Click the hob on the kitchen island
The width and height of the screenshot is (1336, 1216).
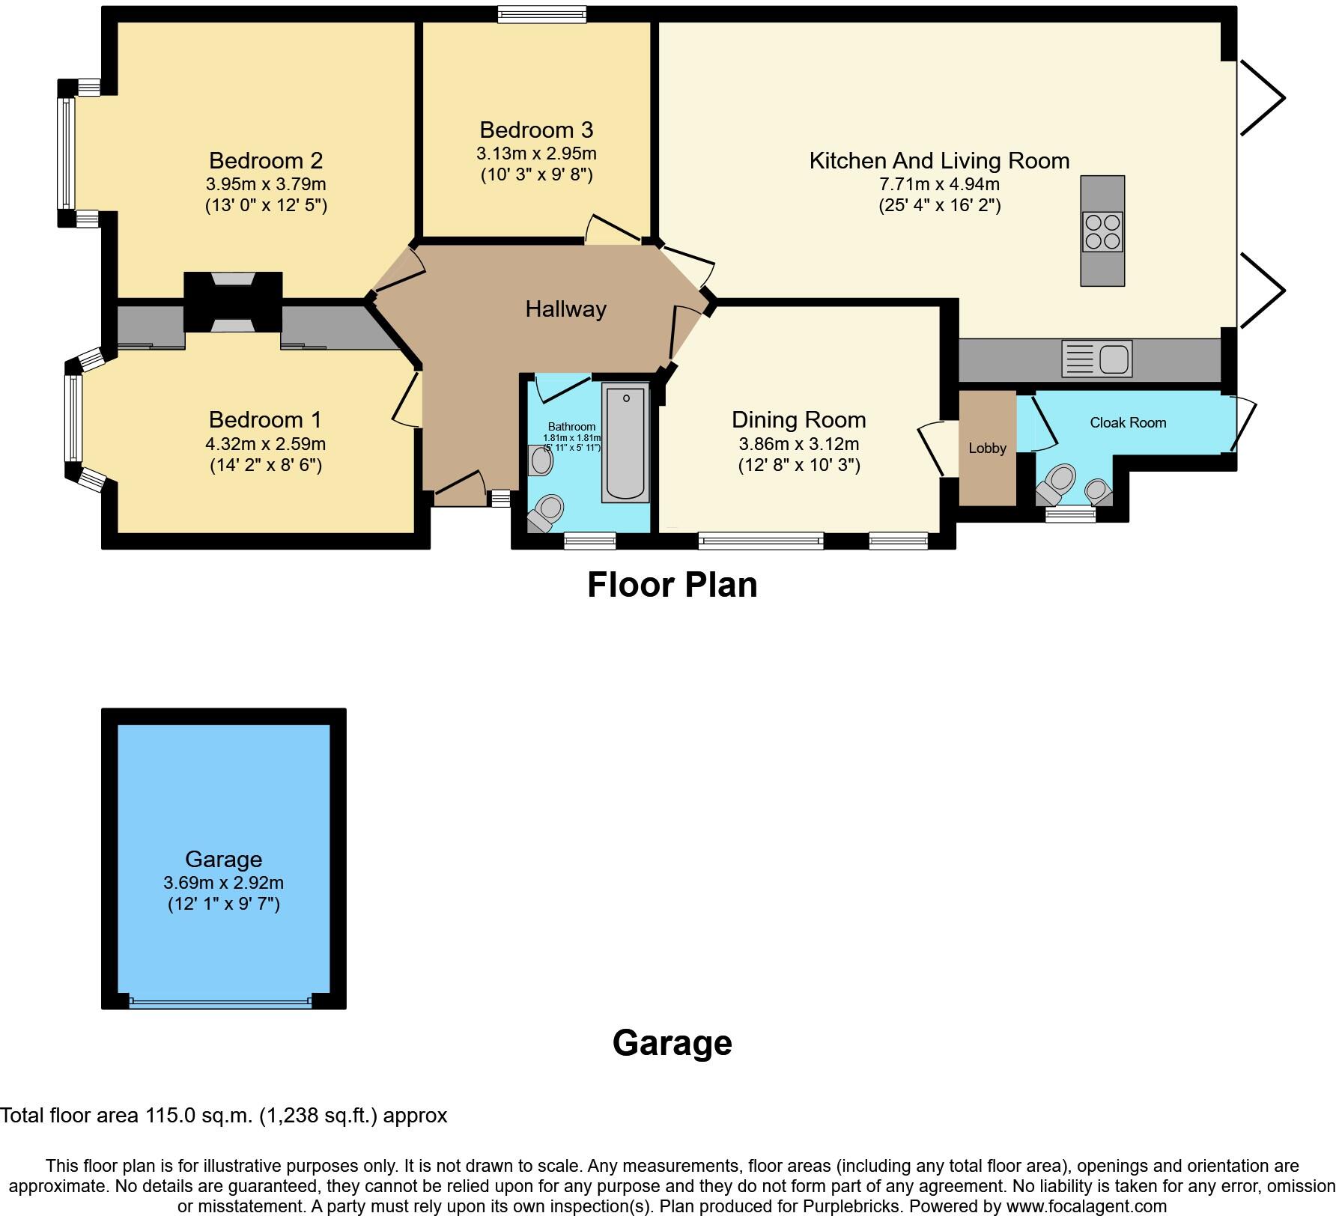coord(1102,231)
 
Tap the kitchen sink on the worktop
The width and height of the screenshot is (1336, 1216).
coord(1097,359)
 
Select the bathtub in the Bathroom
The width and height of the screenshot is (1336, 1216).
coord(625,442)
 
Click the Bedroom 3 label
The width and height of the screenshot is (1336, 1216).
coord(536,130)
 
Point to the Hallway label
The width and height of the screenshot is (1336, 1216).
coord(565,308)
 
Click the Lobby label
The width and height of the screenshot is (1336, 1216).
coord(987,448)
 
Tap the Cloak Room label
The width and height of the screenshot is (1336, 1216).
coord(1128,422)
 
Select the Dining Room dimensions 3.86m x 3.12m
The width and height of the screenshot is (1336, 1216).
coord(798,443)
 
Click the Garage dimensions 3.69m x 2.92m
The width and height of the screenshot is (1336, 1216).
coord(223,883)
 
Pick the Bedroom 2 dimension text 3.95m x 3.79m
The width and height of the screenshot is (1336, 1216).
coord(266,183)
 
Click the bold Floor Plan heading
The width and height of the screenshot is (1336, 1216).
coord(672,585)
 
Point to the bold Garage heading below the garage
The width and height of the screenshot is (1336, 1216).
coord(672,1042)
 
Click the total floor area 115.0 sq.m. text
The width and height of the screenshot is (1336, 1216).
coord(223,1116)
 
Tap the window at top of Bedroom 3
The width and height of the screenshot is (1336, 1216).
coord(542,13)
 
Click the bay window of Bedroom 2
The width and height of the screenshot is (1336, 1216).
coord(66,153)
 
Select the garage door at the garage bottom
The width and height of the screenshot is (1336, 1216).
coord(220,1001)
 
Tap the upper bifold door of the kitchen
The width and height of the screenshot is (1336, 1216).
coord(1262,97)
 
